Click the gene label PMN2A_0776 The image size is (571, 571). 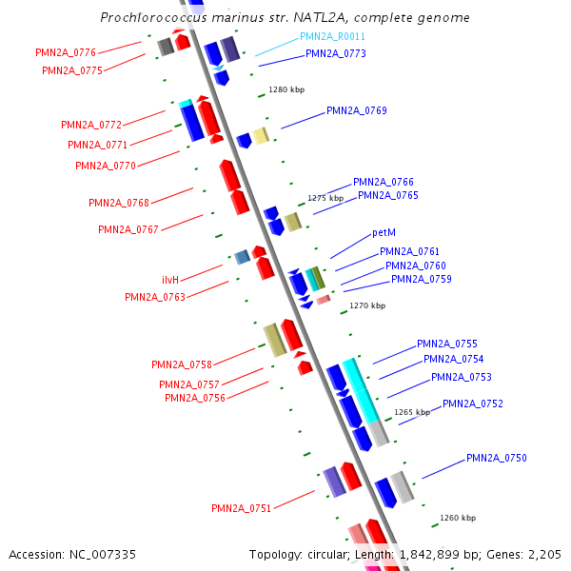66,52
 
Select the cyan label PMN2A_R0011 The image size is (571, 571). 332,36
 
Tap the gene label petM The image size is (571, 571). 384,232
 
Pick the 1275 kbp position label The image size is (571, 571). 325,199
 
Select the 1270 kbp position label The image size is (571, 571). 367,306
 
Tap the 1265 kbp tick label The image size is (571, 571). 412,413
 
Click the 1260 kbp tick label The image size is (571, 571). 458,519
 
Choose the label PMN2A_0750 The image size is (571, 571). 496,459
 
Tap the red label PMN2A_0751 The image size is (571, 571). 241,508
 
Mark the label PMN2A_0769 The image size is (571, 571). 356,110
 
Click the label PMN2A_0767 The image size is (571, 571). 128,229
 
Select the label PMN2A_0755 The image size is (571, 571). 446,345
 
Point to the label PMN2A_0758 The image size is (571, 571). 181,364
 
